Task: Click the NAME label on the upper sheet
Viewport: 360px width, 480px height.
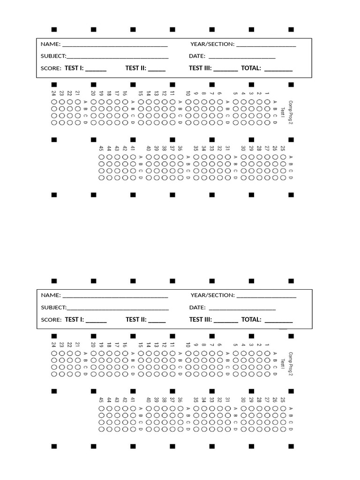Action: coord(51,44)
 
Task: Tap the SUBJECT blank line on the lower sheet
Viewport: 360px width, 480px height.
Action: coord(118,308)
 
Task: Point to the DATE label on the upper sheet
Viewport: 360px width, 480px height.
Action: coord(197,56)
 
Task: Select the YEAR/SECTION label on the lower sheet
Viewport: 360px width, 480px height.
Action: coord(212,295)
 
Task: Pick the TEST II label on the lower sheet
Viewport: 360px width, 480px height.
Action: coord(136,320)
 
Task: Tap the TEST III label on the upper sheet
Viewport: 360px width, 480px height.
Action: coord(200,68)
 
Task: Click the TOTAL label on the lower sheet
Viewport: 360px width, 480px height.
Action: coord(251,320)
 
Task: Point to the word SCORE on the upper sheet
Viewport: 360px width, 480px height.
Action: coord(51,68)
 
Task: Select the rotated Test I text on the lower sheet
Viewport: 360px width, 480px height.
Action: coord(283,363)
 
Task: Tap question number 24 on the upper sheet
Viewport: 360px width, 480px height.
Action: coord(54,93)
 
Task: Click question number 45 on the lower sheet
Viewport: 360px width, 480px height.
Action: coord(101,400)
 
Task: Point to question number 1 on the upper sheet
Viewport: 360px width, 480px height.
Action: coord(267,93)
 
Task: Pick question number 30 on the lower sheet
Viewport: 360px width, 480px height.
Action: coord(243,400)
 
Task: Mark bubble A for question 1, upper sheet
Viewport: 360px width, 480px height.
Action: coord(267,102)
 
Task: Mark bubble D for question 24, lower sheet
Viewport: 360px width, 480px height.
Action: coord(54,375)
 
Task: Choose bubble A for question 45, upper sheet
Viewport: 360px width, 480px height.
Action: coord(101,157)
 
